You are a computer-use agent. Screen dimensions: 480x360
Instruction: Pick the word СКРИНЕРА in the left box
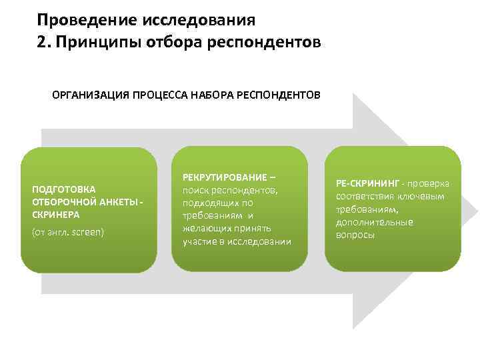pyautogui.click(x=55, y=215)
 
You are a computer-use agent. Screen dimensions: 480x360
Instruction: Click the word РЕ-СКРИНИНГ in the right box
pyautogui.click(x=366, y=183)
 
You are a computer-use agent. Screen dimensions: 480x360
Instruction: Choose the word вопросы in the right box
pyautogui.click(x=355, y=235)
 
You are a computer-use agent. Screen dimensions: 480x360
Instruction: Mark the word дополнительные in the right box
pyautogui.click(x=374, y=222)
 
